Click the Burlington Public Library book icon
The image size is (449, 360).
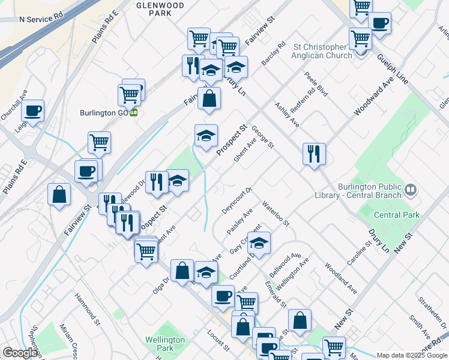[411, 190]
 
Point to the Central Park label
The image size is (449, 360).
[396, 215]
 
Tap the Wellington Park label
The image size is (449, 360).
[164, 344]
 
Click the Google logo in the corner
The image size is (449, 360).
[20, 353]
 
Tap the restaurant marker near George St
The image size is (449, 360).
[314, 155]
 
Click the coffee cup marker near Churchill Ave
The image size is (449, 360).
[32, 110]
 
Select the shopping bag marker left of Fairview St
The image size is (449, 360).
[59, 195]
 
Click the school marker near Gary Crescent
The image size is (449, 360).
[259, 243]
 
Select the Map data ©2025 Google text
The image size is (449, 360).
[411, 355]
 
